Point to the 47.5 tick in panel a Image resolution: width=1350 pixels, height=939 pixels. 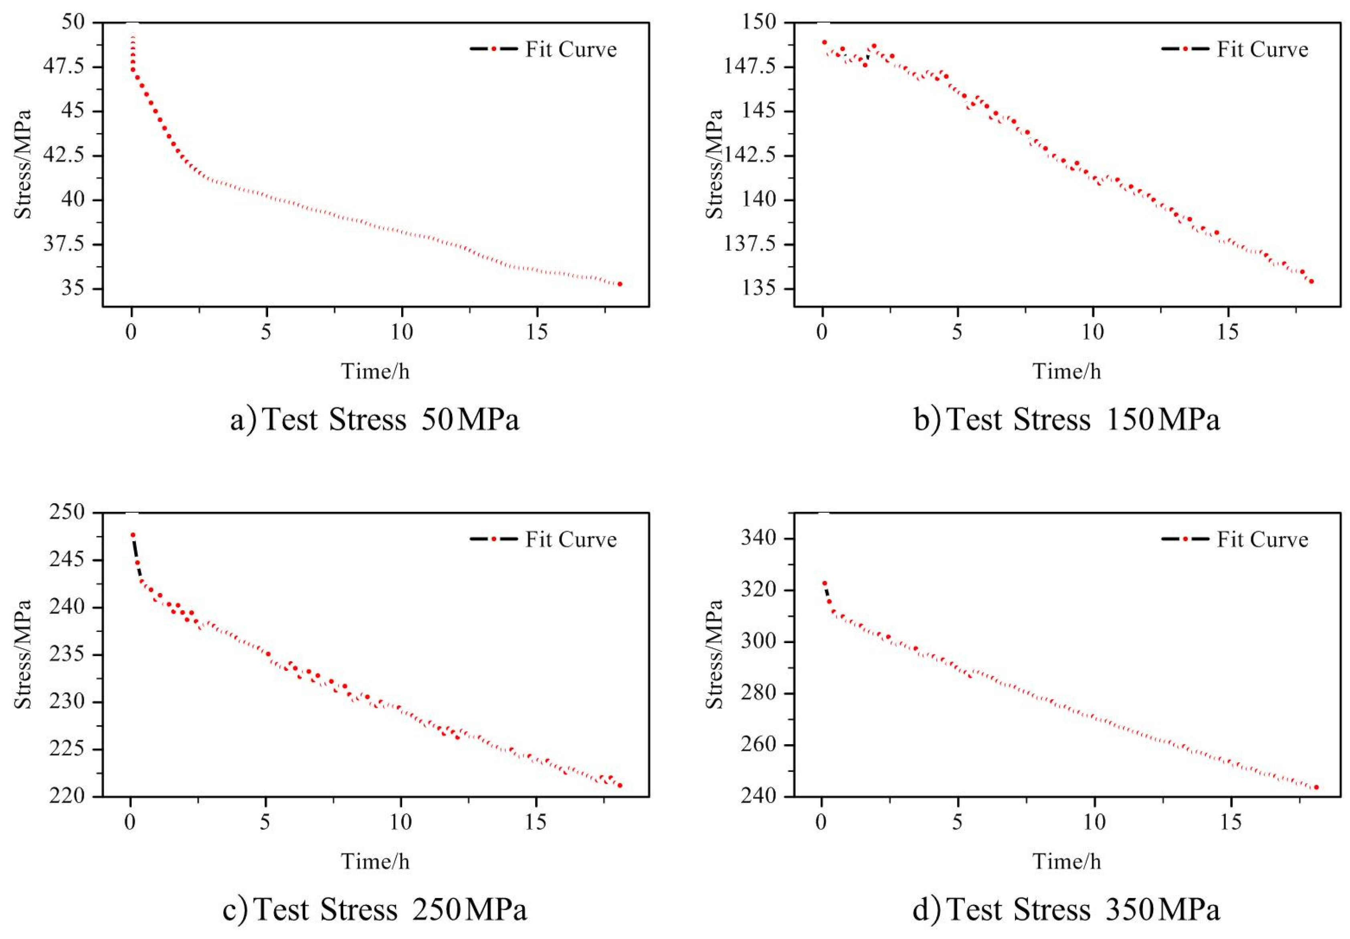[x=63, y=67]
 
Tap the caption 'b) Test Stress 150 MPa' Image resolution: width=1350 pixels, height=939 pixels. [x=1066, y=420]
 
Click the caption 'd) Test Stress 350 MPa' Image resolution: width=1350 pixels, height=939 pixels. [x=1066, y=910]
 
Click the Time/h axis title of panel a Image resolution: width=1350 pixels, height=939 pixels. [x=375, y=372]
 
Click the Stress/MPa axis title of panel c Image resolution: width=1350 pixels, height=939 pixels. [x=22, y=654]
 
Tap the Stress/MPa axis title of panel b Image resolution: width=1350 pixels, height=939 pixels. [x=714, y=164]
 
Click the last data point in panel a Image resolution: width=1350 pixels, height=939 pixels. [x=620, y=284]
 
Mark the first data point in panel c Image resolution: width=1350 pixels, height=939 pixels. [x=133, y=535]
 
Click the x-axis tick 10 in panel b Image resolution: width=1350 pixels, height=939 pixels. [x=1093, y=333]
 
